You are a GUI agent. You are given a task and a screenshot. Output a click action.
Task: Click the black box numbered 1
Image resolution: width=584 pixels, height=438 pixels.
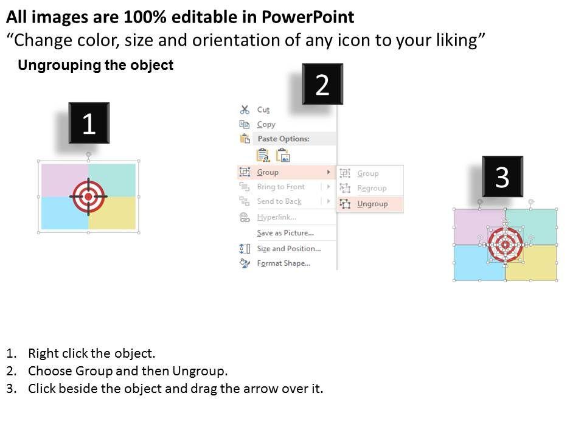89,123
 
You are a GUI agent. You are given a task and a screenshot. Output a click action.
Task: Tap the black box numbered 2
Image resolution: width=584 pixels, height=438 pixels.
322,84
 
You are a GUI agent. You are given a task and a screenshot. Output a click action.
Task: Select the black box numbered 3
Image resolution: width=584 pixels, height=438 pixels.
502,176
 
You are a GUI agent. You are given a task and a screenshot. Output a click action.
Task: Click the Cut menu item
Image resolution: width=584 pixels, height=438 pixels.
263,110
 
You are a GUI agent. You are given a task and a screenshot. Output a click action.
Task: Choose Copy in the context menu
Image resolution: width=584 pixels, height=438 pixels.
266,124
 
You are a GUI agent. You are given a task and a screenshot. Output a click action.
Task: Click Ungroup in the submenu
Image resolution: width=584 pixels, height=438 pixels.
372,204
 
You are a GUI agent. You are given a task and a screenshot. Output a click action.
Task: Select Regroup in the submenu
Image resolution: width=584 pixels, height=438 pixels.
372,188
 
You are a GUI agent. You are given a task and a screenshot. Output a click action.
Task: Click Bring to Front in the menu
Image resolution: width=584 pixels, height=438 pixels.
281,187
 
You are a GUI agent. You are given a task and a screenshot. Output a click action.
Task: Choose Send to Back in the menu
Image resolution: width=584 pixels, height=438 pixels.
279,201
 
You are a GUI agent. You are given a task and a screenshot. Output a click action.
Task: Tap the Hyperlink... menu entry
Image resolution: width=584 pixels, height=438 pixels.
277,217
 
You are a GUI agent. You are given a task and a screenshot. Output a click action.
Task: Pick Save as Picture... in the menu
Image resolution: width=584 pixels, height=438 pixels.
285,233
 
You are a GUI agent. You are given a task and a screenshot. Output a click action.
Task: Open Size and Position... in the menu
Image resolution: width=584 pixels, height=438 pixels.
288,248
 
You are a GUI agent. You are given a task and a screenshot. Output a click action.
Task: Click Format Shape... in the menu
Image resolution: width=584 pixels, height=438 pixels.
283,263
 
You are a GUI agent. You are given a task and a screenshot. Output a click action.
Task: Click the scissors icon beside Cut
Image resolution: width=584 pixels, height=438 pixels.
245,109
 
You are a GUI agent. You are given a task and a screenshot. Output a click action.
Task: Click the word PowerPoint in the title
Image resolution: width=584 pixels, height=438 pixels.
308,17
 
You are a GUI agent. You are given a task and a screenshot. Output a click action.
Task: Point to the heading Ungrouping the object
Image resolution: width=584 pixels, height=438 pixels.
96,65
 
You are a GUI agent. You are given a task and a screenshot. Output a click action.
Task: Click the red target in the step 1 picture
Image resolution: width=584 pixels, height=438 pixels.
88,196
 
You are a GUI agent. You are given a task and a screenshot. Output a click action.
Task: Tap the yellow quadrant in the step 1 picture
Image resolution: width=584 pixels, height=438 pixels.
113,213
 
